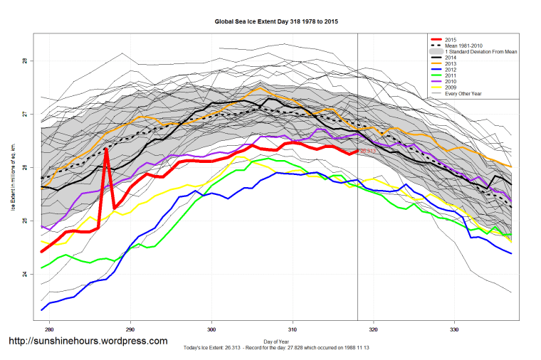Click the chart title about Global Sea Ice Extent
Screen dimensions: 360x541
[277, 22]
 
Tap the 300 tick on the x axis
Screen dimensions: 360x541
[211, 330]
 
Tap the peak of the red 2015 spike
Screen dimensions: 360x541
[106, 149]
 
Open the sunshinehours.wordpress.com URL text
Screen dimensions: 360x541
[88, 342]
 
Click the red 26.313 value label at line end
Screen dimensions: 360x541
[367, 152]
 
